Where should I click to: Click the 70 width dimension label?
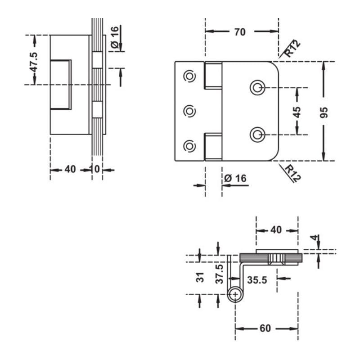point(240,32)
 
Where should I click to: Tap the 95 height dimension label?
point(324,113)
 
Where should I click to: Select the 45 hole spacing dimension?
point(297,112)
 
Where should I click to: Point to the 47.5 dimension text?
point(34,62)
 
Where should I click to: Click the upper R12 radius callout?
point(292,49)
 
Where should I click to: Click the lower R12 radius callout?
point(293,174)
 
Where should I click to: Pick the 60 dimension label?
point(265,328)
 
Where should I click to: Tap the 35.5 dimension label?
point(257,280)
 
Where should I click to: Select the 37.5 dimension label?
point(220,274)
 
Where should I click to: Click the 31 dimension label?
point(200,277)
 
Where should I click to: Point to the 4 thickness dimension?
point(315,238)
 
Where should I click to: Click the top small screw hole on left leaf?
point(189,76)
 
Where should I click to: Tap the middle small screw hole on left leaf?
point(189,111)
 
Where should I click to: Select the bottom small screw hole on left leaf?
point(189,146)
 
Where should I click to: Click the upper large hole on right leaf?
point(257,87)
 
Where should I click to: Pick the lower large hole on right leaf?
point(257,134)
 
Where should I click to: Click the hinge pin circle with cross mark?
point(235,294)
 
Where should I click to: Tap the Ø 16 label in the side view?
point(115,37)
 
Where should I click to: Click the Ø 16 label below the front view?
point(235,178)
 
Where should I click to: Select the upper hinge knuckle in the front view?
point(213,75)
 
